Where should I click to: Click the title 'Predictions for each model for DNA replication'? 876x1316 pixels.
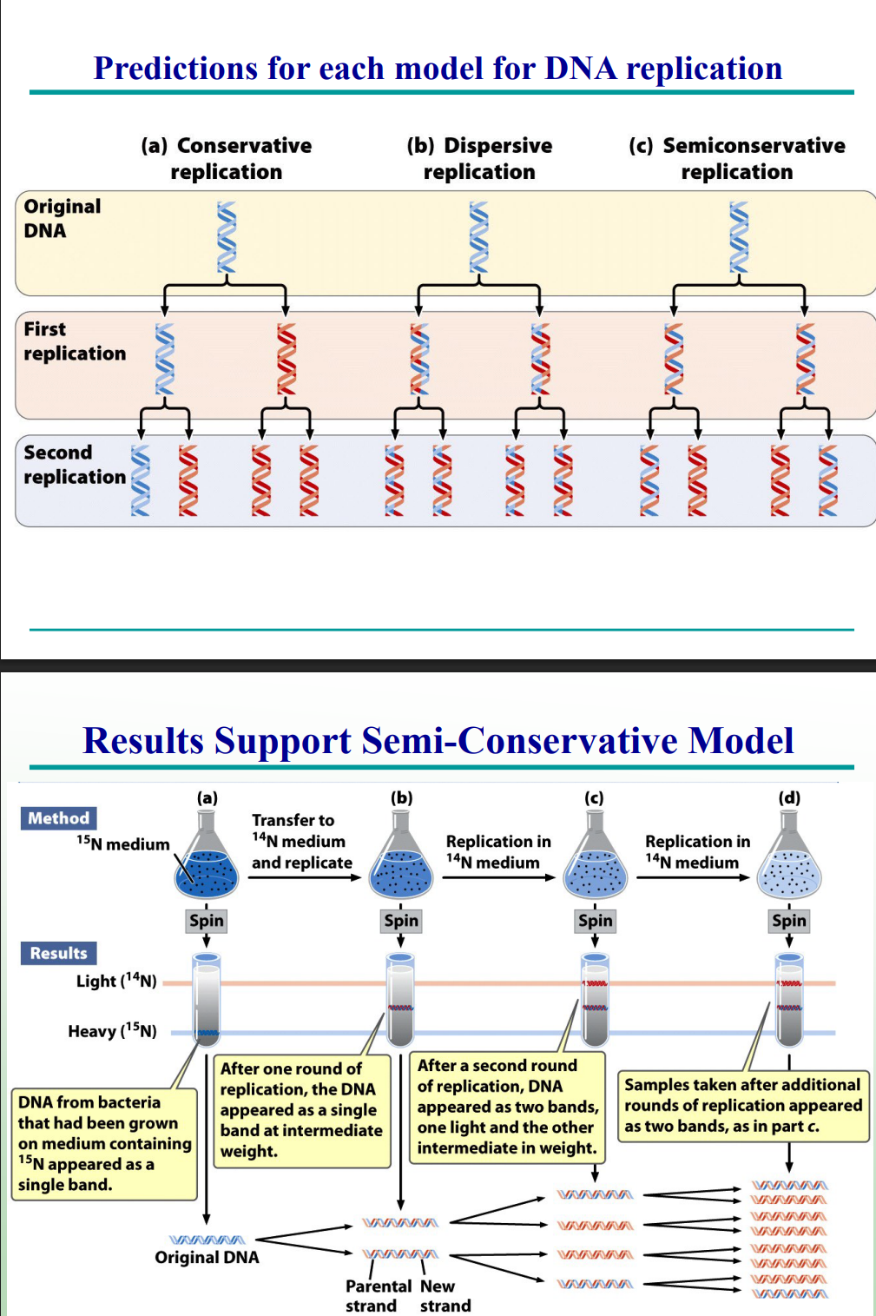click(x=438, y=69)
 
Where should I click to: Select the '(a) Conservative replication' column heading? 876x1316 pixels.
click(x=227, y=158)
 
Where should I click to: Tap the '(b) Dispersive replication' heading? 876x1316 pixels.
click(x=479, y=158)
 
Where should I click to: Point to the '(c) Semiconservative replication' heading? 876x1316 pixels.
click(x=736, y=158)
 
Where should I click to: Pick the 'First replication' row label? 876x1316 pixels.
click(x=74, y=341)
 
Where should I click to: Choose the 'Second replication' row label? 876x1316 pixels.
click(x=74, y=465)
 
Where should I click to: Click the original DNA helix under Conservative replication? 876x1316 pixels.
click(x=227, y=236)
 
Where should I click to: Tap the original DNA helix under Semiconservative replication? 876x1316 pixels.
click(x=739, y=236)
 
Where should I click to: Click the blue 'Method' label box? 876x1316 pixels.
click(x=58, y=818)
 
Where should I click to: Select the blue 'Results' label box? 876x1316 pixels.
click(x=58, y=953)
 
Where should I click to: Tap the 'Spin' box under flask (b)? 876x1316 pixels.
click(x=401, y=921)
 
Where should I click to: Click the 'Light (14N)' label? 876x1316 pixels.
click(x=116, y=981)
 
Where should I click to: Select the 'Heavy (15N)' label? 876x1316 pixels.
click(x=112, y=1031)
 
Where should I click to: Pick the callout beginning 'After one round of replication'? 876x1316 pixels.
click(x=301, y=1110)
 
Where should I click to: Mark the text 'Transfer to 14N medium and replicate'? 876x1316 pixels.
click(x=301, y=842)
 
